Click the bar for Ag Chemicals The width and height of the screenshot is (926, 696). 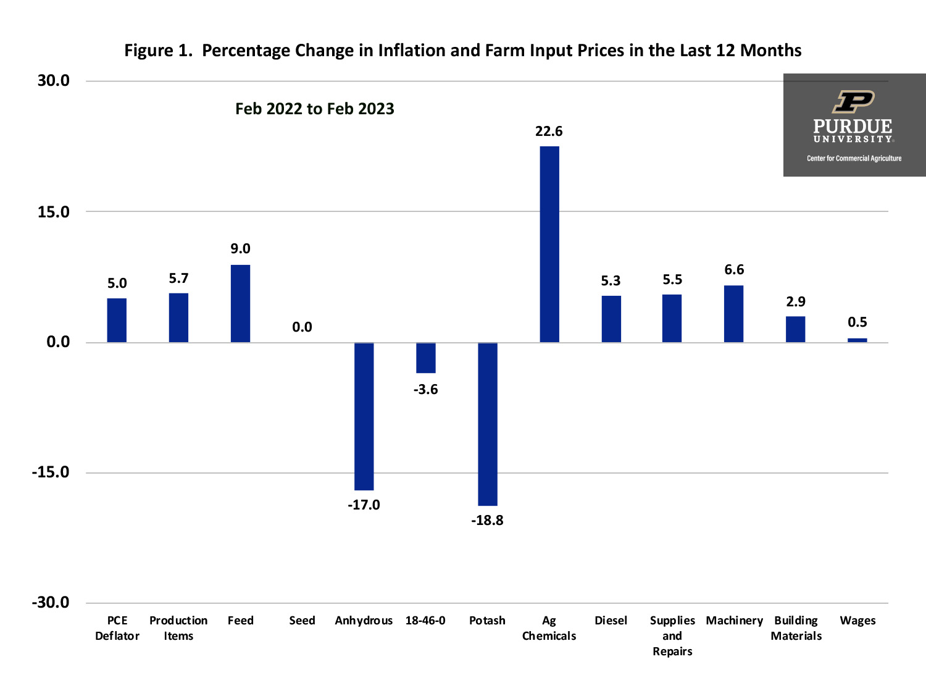coord(549,244)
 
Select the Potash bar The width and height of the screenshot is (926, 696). coord(488,424)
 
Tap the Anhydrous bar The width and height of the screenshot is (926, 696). coord(364,416)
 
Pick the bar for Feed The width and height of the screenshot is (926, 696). coord(240,303)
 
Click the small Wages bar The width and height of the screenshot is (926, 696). coord(857,340)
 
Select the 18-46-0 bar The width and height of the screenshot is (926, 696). coord(425,358)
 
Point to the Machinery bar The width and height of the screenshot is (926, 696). coord(733,314)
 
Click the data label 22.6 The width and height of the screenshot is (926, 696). coord(549,131)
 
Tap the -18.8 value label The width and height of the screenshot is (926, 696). coord(487,520)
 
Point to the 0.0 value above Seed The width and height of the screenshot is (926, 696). coord(302,327)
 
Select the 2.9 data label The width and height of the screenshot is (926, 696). coord(795,301)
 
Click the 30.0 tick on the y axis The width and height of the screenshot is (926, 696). coord(54,80)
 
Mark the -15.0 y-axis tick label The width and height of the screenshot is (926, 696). coord(51,472)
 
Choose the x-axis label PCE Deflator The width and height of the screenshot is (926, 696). coord(117,628)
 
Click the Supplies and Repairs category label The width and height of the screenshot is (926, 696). coord(672,635)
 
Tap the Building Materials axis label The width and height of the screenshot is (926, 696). coord(796,628)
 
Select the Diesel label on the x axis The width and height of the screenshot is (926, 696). coord(611,620)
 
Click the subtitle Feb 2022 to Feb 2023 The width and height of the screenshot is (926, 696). coord(314,109)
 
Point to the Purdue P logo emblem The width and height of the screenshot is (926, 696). coord(853,101)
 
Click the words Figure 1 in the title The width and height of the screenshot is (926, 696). coord(159,50)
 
